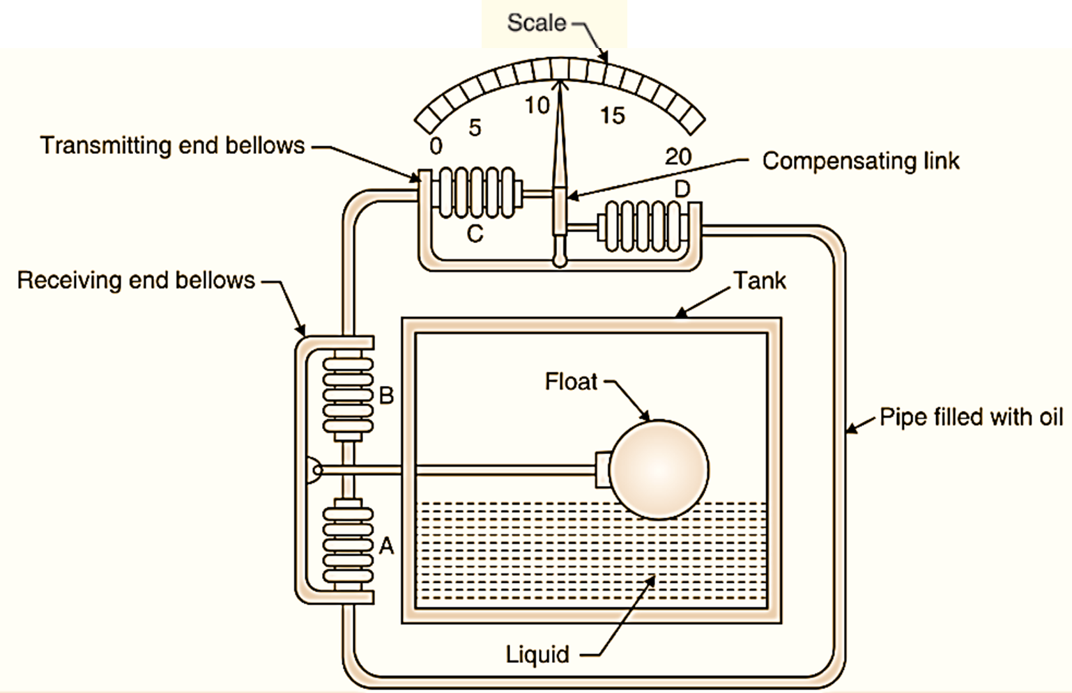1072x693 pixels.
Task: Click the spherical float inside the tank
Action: [659, 469]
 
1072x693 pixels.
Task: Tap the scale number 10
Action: [537, 105]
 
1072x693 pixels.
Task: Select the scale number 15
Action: [613, 116]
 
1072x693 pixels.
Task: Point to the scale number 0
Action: [436, 146]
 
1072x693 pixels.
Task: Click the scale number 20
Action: [677, 157]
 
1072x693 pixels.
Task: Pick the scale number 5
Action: [475, 127]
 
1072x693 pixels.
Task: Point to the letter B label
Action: [386, 396]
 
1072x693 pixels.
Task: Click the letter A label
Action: [386, 547]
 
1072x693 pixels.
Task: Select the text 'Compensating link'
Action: [860, 161]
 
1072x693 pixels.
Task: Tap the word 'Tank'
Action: [760, 280]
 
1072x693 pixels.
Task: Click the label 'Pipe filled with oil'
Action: [971, 416]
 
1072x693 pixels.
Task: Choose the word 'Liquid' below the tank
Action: [537, 655]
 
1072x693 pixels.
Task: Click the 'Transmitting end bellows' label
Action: [172, 145]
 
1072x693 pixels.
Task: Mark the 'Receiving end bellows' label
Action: [136, 280]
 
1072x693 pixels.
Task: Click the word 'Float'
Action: [571, 382]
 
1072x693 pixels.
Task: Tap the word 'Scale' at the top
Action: [536, 23]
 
